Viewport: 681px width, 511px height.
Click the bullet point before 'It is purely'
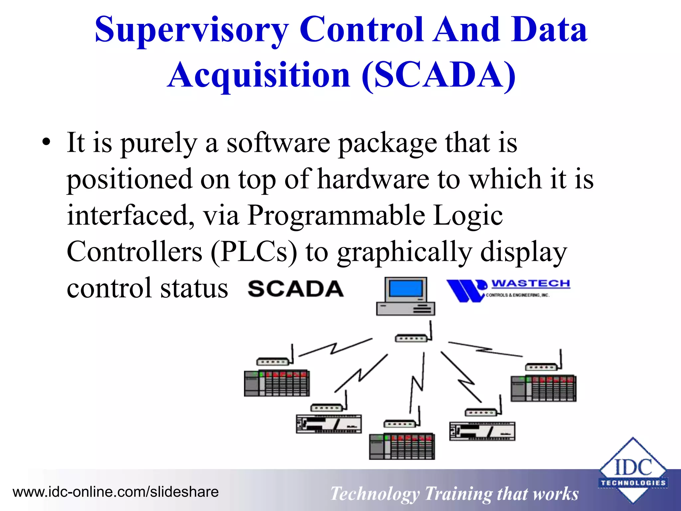[x=46, y=143]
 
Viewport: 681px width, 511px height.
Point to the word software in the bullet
[x=278, y=143]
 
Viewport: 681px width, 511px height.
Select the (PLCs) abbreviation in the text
[x=254, y=252]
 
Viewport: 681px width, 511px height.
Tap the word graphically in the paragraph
[x=404, y=252]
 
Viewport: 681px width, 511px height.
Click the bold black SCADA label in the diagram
[x=295, y=289]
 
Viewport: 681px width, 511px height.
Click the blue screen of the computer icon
[x=405, y=288]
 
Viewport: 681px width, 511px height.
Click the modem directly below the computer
[x=411, y=338]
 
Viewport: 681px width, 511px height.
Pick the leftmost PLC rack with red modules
[x=277, y=383]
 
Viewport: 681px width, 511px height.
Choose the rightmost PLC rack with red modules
[x=543, y=388]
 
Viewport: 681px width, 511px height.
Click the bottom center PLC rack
[x=402, y=446]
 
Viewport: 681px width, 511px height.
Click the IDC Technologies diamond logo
[x=633, y=470]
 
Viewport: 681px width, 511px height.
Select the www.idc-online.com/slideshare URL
[x=115, y=492]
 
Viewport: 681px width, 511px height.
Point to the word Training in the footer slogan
[x=458, y=494]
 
